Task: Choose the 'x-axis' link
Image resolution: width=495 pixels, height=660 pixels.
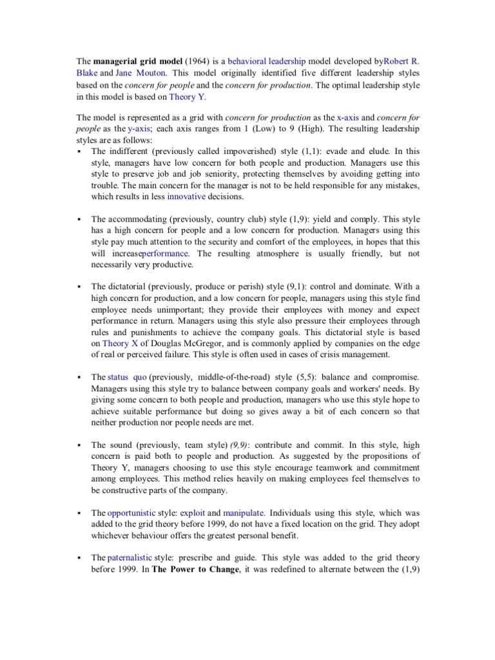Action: click(x=348, y=117)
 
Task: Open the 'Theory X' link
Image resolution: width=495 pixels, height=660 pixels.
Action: click(x=115, y=344)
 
